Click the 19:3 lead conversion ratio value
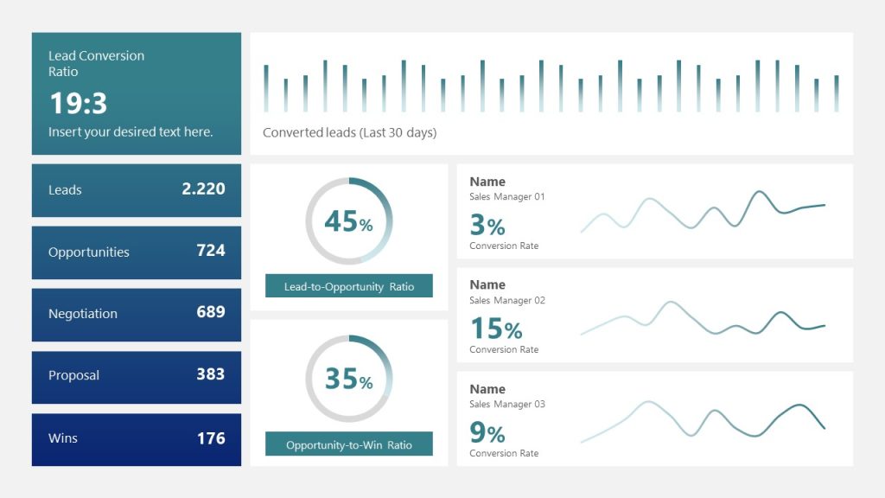pyautogui.click(x=78, y=104)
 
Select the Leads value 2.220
pyautogui.click(x=203, y=188)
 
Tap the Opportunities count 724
pyautogui.click(x=211, y=251)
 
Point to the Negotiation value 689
pyautogui.click(x=211, y=312)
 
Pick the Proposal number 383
pyautogui.click(x=211, y=374)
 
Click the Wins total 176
pyautogui.click(x=211, y=437)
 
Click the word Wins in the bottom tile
pyautogui.click(x=63, y=438)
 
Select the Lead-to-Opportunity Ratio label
pyautogui.click(x=349, y=286)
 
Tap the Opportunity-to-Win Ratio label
pyautogui.click(x=349, y=445)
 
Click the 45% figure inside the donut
pyautogui.click(x=348, y=222)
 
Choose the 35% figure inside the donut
pyautogui.click(x=348, y=380)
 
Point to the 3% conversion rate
pyautogui.click(x=487, y=227)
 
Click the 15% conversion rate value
pyautogui.click(x=496, y=329)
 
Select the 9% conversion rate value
pyautogui.click(x=487, y=433)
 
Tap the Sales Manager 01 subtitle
pyautogui.click(x=507, y=197)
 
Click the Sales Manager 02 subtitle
pyautogui.click(x=507, y=301)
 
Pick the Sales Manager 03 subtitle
pyautogui.click(x=507, y=405)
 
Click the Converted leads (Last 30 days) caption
pyautogui.click(x=349, y=133)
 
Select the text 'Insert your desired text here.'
pyautogui.click(x=131, y=132)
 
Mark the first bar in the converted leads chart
pyautogui.click(x=266, y=88)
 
